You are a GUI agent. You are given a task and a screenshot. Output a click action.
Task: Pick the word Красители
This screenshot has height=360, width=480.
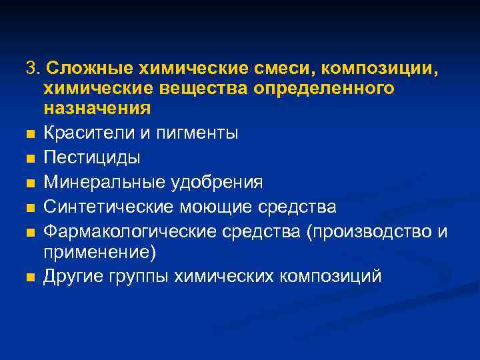tap(84, 133)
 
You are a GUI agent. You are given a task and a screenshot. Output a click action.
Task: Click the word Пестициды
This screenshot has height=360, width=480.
tap(92, 157)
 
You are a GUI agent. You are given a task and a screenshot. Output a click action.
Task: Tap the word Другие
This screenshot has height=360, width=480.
tap(72, 276)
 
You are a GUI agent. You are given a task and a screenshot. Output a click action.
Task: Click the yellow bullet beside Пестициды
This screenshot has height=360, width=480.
tap(31, 159)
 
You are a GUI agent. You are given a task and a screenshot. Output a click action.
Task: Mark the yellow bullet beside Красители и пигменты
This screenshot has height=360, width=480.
tap(31, 134)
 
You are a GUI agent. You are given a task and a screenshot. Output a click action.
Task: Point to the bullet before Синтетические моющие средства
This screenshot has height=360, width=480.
tap(31, 208)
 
